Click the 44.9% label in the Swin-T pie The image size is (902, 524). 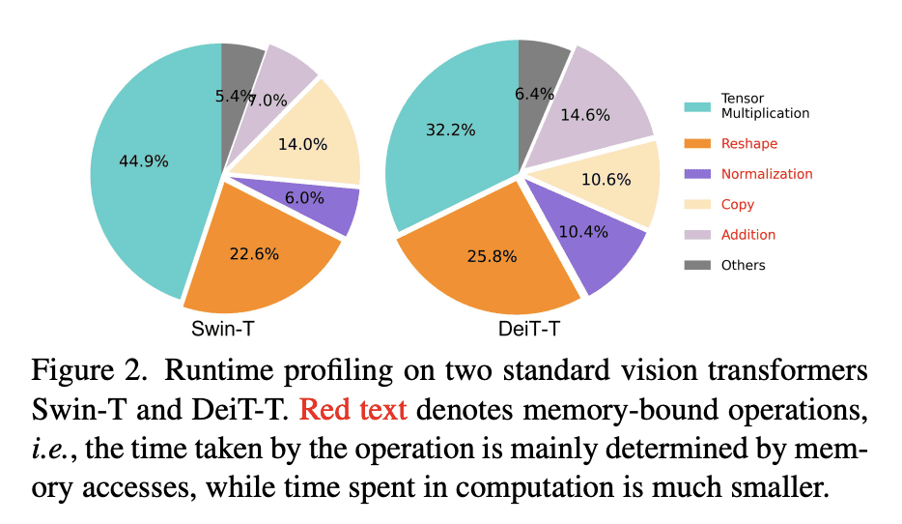pos(143,160)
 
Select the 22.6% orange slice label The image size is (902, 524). pos(254,254)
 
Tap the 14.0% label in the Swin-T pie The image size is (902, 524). pos(302,145)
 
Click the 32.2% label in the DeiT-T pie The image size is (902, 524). pos(451,130)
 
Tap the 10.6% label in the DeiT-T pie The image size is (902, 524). pos(606,180)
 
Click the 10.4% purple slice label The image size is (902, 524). pos(579,232)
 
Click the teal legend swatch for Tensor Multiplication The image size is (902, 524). pos(696,106)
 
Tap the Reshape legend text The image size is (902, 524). pos(748,144)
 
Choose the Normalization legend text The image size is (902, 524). pos(767,174)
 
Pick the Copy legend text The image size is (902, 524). pos(738,204)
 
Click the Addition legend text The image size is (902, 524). pos(747,234)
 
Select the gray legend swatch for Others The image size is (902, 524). pos(696,265)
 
